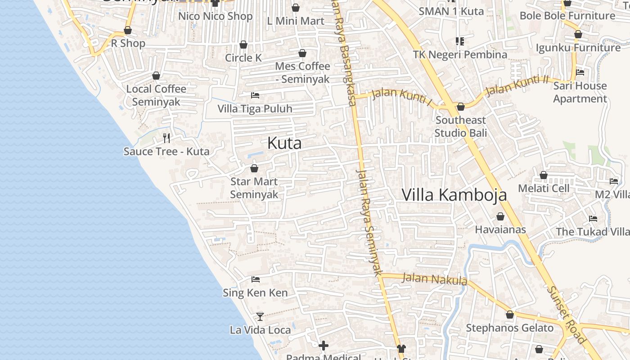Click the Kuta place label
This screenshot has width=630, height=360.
(284, 143)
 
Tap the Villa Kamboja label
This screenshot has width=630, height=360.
(454, 195)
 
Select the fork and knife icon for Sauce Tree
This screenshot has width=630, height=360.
(166, 138)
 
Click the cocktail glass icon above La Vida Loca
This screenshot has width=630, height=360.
(260, 316)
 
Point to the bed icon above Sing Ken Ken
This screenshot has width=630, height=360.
(256, 279)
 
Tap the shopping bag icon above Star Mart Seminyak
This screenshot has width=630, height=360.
(254, 168)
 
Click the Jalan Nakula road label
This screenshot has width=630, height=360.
(434, 279)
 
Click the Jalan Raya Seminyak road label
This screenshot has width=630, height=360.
(369, 222)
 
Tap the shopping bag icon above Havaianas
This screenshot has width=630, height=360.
(500, 216)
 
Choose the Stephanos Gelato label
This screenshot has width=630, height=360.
(509, 328)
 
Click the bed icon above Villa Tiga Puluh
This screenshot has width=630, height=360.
(255, 95)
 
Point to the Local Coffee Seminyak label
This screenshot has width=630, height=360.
(156, 95)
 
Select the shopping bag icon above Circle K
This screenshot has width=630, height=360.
(243, 45)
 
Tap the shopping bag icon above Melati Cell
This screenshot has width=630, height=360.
(544, 175)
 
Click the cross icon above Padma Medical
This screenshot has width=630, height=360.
(323, 346)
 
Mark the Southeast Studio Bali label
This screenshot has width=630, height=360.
(460, 126)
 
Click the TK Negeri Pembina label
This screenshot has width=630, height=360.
(460, 54)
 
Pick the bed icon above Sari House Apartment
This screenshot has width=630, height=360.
(580, 72)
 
